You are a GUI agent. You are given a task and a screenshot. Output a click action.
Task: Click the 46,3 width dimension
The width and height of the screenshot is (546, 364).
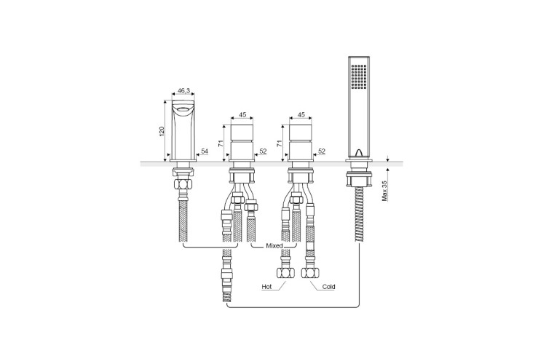pyautogui.click(x=183, y=91)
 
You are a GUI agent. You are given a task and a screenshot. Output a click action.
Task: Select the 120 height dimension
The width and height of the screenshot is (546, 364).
pyautogui.click(x=162, y=131)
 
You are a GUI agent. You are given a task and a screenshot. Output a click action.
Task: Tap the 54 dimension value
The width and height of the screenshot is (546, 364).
pyautogui.click(x=205, y=151)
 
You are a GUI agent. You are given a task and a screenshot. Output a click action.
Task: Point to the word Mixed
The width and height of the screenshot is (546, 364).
pyautogui.click(x=274, y=246)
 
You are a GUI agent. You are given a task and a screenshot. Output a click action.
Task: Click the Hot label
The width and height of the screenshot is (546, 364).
pyautogui.click(x=266, y=287)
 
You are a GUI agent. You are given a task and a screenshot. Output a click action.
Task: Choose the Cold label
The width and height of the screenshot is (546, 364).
pyautogui.click(x=328, y=287)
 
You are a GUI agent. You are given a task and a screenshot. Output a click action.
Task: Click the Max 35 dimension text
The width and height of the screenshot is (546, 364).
pyautogui.click(x=385, y=191)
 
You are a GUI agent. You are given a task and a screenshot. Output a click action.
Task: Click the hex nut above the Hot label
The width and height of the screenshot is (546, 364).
pyautogui.click(x=285, y=273)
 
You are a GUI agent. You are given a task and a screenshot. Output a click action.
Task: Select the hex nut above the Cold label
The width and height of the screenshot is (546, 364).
pyautogui.click(x=310, y=273)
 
